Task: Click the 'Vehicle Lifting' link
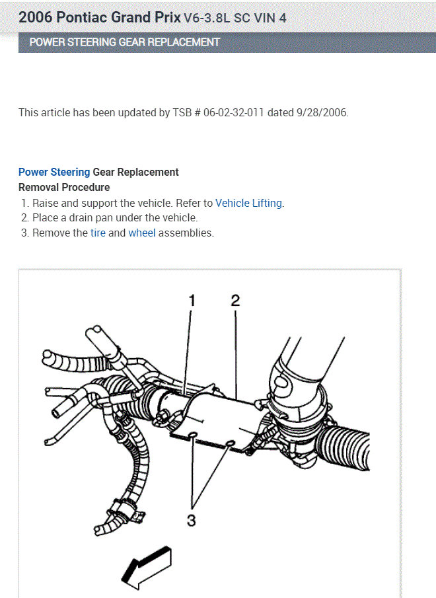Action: coord(249,204)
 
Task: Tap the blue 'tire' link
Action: coord(98,233)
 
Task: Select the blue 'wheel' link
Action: coord(142,233)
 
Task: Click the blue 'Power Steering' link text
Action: coord(54,172)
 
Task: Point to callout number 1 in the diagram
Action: coord(192,301)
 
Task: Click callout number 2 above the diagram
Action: coord(235,301)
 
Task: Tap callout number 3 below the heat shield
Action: coord(192,520)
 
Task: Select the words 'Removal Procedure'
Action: coord(64,188)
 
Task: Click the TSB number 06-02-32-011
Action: coord(234,112)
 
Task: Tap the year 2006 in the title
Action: coord(34,17)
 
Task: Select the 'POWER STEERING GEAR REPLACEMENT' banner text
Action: coord(125,42)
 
